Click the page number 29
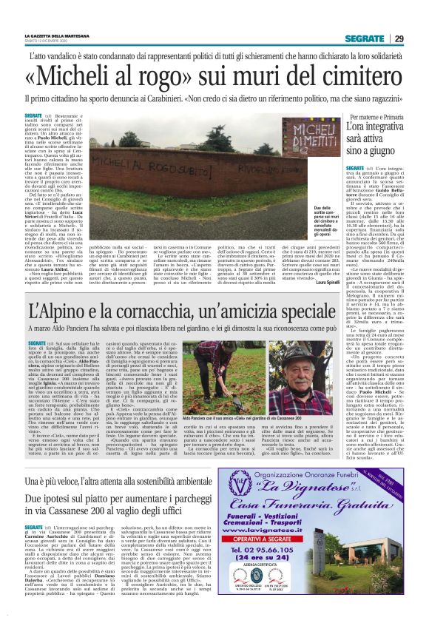click(x=399, y=38)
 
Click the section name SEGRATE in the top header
click(x=368, y=38)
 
